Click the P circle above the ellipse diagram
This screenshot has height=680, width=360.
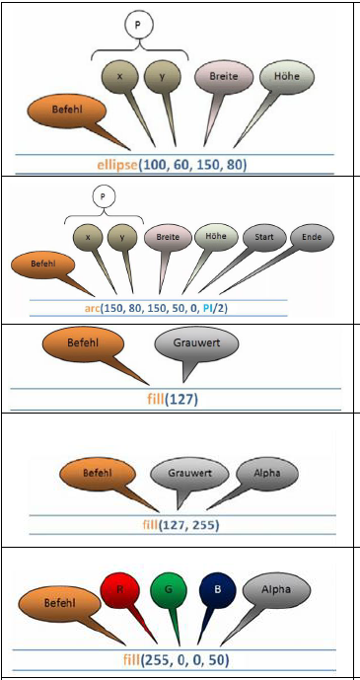click(138, 25)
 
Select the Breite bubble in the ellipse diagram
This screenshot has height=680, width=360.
click(224, 76)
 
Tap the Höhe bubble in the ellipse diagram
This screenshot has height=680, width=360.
click(286, 76)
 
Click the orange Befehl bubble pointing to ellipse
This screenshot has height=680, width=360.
click(67, 111)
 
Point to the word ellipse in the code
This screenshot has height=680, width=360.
click(117, 165)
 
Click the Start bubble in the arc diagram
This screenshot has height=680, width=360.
click(264, 237)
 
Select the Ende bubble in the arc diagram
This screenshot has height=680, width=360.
click(312, 237)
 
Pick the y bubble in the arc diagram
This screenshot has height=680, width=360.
click(122, 237)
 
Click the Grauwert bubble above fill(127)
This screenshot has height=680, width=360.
click(196, 343)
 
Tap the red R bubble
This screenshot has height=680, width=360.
click(119, 590)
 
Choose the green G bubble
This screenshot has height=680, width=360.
click(169, 590)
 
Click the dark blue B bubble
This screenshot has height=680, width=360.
click(217, 590)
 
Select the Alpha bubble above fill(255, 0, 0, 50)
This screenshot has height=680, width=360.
click(276, 589)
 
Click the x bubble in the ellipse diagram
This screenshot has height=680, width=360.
click(120, 76)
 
